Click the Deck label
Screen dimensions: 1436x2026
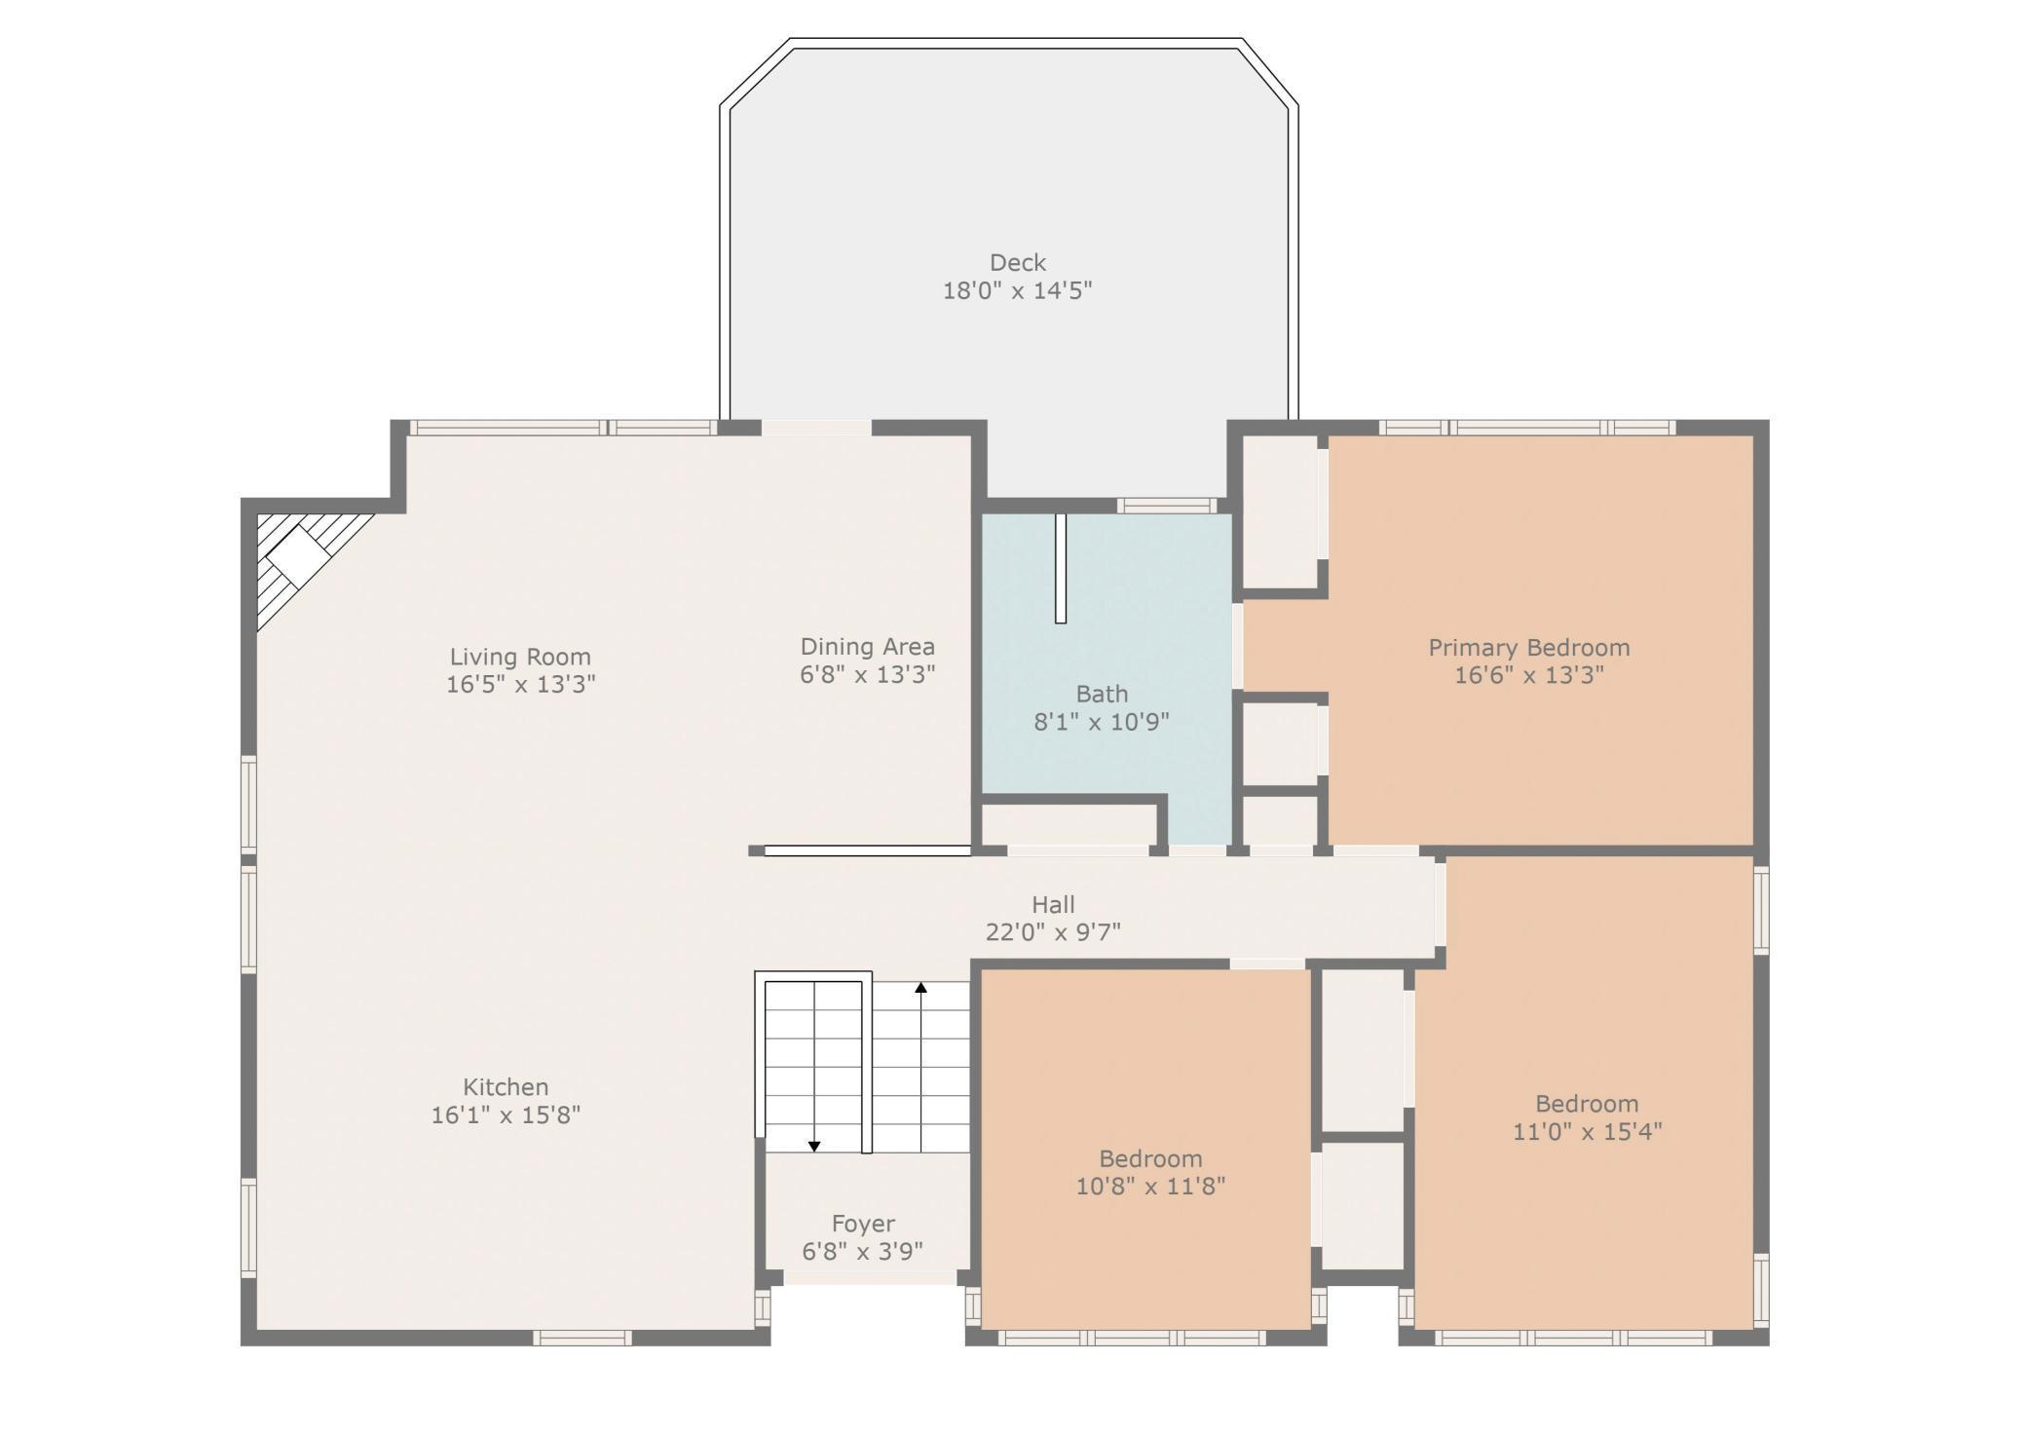1017,262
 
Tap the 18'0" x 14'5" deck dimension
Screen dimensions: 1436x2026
1017,290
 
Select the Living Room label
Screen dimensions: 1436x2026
520,657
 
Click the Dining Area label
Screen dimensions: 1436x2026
867,646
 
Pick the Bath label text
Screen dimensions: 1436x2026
1102,694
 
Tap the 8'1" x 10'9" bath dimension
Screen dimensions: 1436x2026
1101,722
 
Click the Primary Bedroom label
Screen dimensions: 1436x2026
1528,647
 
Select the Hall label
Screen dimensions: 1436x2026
1053,904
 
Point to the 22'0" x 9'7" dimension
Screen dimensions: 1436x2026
1053,932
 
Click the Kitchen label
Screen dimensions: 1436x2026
506,1086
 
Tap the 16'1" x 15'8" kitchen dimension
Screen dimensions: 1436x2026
506,1115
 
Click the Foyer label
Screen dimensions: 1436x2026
863,1224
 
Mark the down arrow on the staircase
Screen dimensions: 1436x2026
814,1146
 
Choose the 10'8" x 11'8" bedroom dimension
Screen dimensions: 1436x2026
1150,1187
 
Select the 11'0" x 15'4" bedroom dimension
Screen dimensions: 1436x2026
1587,1131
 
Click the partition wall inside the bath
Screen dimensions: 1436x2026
1061,568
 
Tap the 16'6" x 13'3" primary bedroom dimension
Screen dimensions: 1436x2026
1528,675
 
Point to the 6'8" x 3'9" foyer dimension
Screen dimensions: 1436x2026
863,1252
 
